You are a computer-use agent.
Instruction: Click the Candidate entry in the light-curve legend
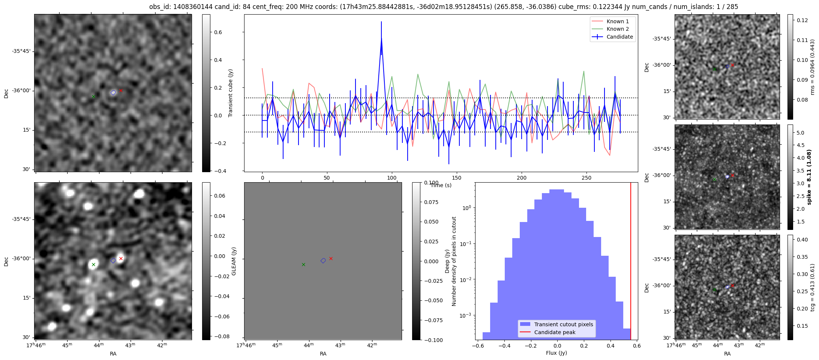619,37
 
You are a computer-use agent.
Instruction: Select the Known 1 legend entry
618,21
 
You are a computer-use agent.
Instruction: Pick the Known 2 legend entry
618,29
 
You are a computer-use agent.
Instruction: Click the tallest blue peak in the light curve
381,37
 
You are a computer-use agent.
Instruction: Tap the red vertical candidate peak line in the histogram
631,262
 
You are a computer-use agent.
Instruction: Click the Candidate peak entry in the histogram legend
555,332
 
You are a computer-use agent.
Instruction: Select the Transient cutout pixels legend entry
564,324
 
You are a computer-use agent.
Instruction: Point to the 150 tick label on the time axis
456,178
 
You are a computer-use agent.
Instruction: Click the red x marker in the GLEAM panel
331,258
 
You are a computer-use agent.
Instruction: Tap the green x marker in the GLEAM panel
303,265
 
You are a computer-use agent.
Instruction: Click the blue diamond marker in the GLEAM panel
323,261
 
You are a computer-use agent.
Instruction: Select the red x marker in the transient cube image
121,90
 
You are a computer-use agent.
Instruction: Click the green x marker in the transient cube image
93,97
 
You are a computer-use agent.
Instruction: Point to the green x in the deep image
93,265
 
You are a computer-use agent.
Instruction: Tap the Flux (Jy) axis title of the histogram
556,353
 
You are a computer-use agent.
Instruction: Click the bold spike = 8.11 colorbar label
809,177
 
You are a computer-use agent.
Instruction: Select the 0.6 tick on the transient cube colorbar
218,32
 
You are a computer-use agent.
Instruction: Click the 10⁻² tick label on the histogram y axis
465,279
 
